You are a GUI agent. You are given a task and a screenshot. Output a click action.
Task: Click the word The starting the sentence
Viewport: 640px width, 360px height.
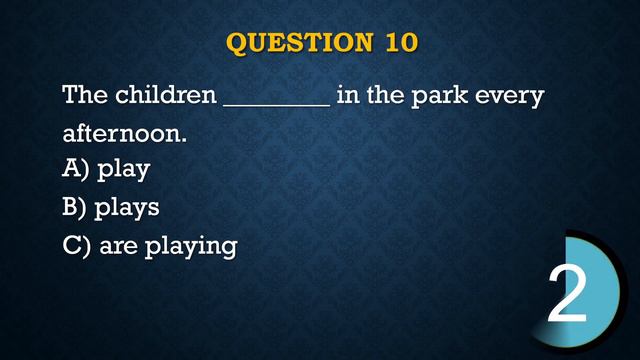click(x=85, y=96)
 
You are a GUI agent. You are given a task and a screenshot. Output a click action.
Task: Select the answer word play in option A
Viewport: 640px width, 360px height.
click(x=124, y=171)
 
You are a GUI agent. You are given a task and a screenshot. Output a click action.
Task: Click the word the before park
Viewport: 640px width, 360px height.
click(x=385, y=96)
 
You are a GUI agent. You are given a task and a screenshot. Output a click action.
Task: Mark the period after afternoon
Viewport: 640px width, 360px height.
click(x=185, y=139)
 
